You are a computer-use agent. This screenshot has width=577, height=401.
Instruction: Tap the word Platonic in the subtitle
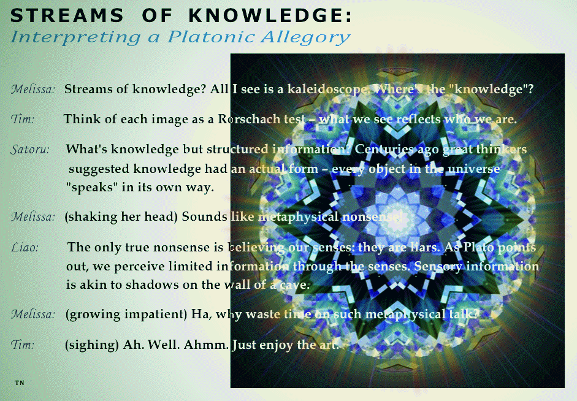tap(211, 37)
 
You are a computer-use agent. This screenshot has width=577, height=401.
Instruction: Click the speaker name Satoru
tap(30, 150)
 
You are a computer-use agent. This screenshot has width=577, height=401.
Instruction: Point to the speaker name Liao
tap(25, 247)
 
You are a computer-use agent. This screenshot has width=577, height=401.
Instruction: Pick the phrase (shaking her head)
tap(121, 216)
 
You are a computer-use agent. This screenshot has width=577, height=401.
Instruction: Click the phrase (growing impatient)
tap(126, 315)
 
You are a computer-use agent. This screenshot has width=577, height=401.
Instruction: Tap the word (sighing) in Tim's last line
tap(91, 345)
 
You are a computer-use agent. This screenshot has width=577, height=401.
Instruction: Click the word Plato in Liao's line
tap(478, 247)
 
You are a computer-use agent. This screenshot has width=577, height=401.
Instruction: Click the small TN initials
tap(20, 383)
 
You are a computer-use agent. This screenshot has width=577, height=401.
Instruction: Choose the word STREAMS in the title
tap(67, 16)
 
